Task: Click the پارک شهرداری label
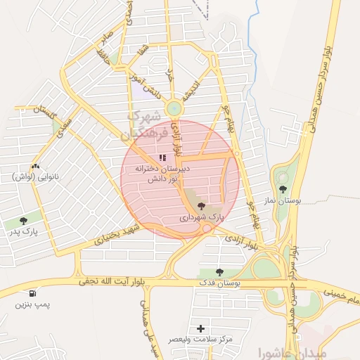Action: [202, 219]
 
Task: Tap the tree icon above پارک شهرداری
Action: [202, 206]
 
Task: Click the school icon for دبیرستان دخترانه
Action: [162, 157]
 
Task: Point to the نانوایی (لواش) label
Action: [33, 176]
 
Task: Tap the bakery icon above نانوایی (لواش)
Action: [33, 165]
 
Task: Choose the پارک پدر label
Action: [24, 231]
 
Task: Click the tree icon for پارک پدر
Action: [24, 220]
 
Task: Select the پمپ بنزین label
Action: [32, 306]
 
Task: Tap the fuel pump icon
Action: [32, 293]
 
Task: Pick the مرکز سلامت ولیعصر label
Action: [201, 340]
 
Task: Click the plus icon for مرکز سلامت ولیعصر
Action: [202, 328]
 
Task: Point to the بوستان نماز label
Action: [283, 201]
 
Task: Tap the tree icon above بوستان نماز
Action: [283, 189]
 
